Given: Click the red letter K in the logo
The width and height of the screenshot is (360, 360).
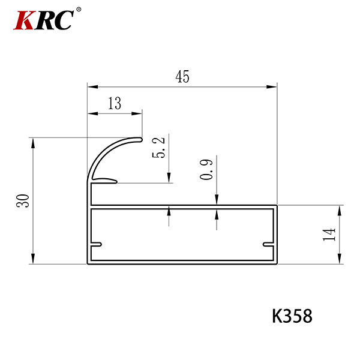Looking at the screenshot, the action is click(x=24, y=20).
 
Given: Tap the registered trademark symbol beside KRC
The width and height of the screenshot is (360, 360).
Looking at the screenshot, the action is click(x=79, y=9).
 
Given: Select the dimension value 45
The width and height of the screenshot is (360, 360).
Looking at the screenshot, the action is click(x=182, y=76).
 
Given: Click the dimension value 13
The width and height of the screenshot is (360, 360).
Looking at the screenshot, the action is click(x=115, y=103).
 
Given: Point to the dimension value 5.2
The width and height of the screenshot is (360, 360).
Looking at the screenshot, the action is click(x=158, y=148).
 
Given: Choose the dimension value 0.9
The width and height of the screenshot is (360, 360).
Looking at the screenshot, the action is click(x=206, y=169).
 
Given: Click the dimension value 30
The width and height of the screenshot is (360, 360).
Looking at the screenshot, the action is click(x=23, y=201).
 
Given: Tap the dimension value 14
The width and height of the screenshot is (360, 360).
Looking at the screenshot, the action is click(x=329, y=235).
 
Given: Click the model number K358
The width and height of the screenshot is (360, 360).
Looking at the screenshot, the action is click(x=292, y=316).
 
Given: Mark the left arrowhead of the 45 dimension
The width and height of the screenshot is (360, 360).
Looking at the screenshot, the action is click(x=93, y=87).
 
